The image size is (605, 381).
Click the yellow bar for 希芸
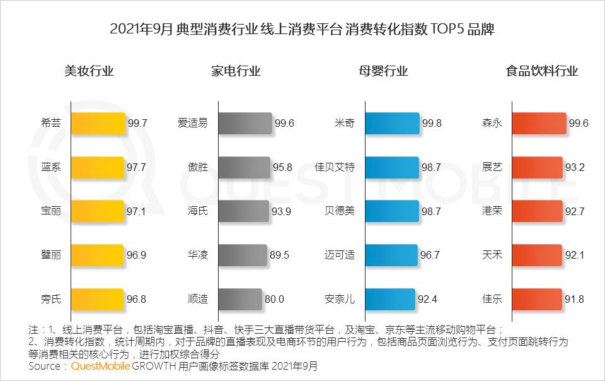tap(98, 124)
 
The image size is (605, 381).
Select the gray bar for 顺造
tap(240, 299)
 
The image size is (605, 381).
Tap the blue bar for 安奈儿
tap(390, 299)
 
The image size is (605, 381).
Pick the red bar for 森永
tap(539, 124)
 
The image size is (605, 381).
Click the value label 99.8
tap(432, 124)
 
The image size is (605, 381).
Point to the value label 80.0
tap(274, 299)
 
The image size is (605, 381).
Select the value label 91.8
tap(574, 299)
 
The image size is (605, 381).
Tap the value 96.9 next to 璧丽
tap(136, 255)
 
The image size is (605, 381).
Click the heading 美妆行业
tap(89, 71)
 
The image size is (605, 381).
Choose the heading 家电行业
tap(236, 71)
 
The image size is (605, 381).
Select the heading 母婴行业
tap(383, 71)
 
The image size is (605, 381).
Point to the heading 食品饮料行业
tap(542, 71)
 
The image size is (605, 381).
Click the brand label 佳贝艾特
tap(335, 167)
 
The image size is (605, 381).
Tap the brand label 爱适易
tap(193, 123)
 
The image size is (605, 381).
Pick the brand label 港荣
tap(492, 211)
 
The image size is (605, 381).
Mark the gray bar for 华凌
tap(243, 255)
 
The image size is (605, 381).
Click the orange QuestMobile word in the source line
tap(100, 366)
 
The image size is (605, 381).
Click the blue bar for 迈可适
tap(391, 255)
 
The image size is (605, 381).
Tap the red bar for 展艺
tap(538, 168)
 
